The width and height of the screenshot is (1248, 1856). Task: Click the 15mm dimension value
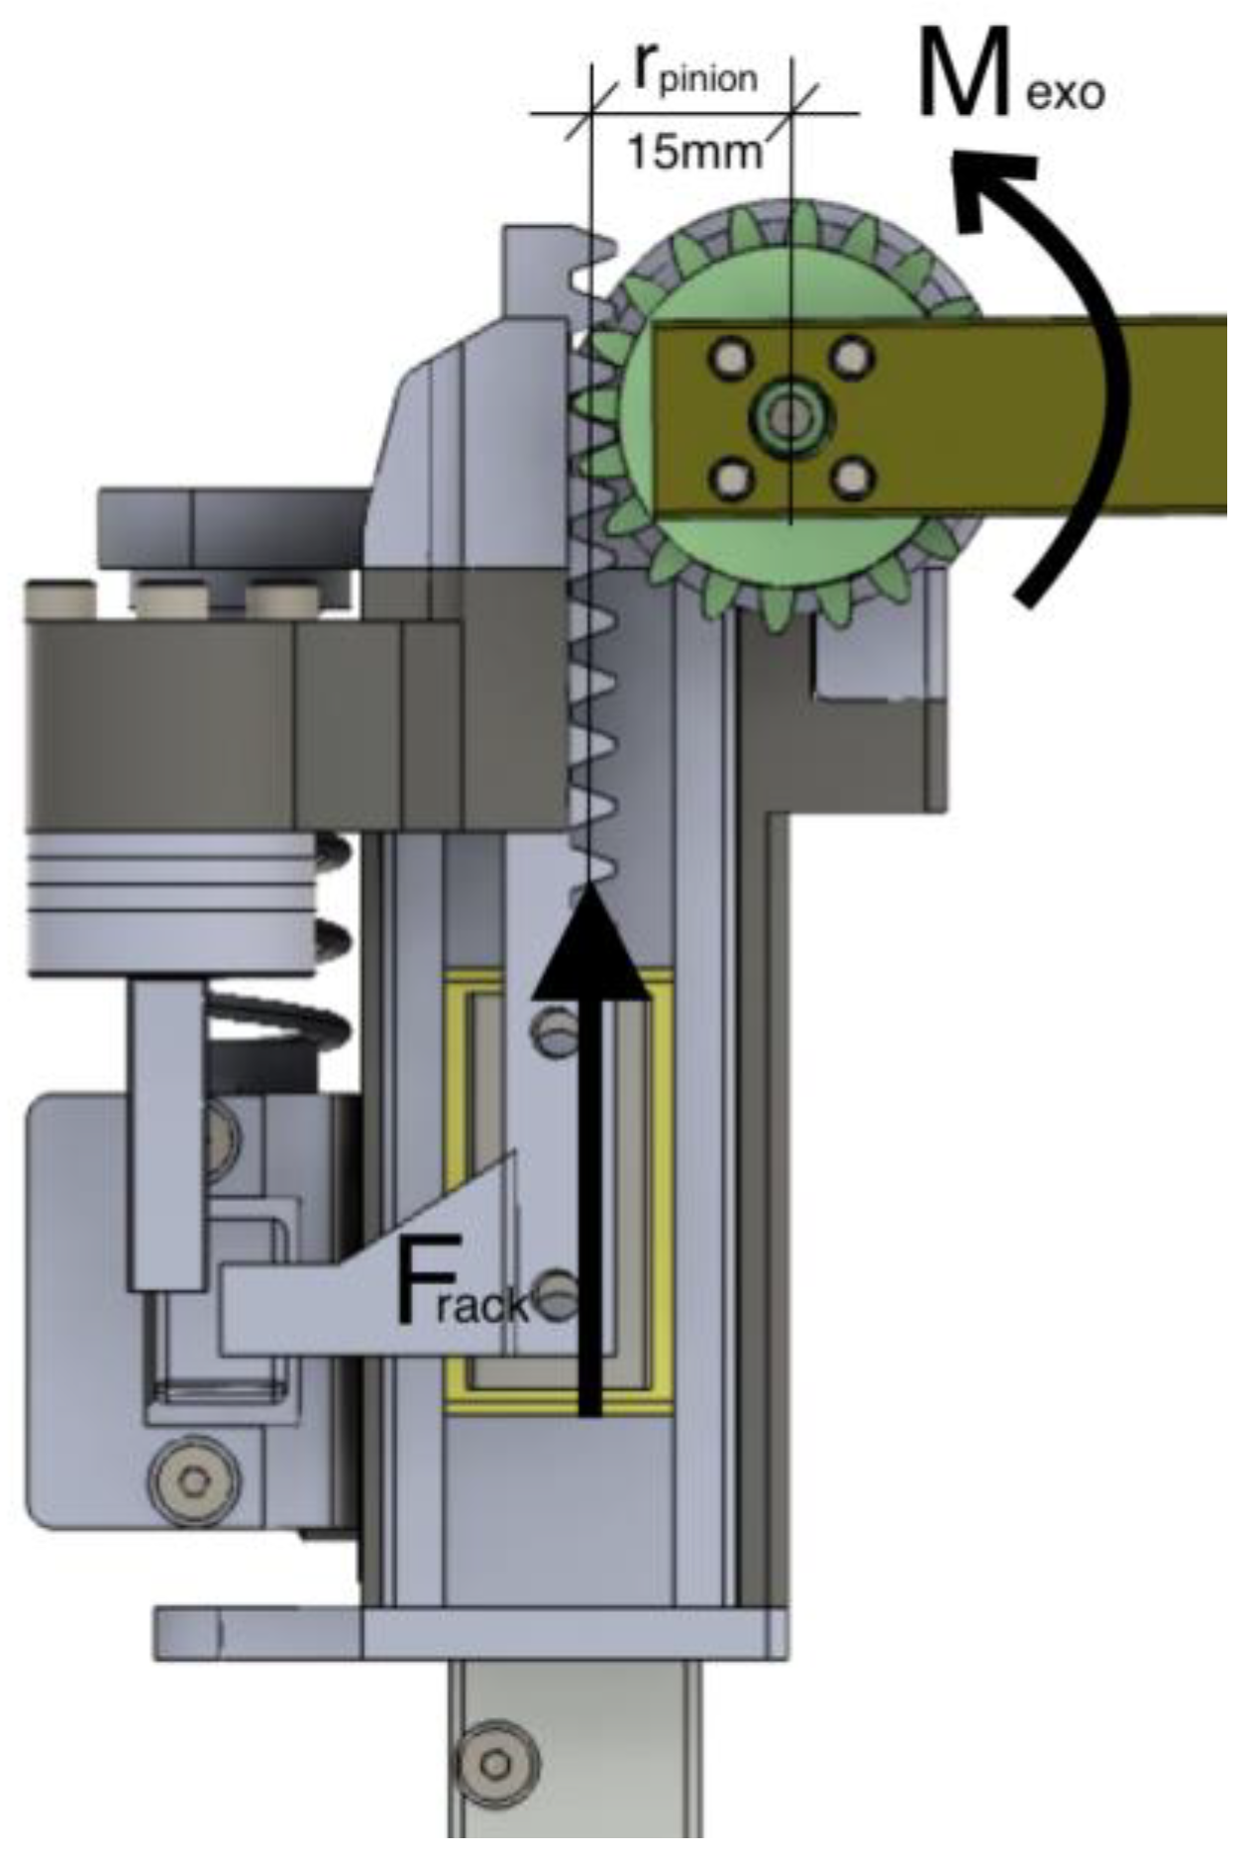point(695,153)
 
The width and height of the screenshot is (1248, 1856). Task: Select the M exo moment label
point(1010,74)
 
